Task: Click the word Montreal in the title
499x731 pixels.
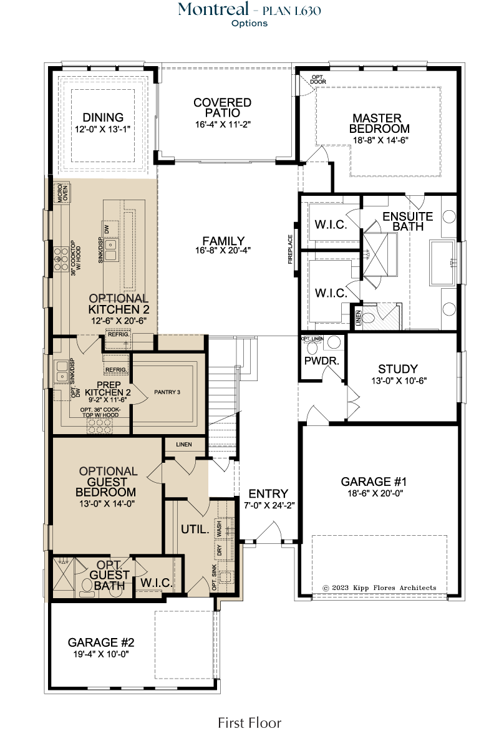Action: pyautogui.click(x=213, y=9)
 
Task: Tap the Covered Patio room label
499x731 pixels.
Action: pyautogui.click(x=223, y=108)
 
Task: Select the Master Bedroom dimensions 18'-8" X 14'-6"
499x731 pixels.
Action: pyautogui.click(x=380, y=140)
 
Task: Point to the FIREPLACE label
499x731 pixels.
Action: pyautogui.click(x=290, y=249)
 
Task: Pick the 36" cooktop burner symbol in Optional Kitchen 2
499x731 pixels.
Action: pyautogui.click(x=61, y=259)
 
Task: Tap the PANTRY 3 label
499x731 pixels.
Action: pyautogui.click(x=167, y=392)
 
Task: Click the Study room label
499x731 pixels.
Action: pyautogui.click(x=398, y=369)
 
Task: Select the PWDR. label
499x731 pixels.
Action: pyautogui.click(x=322, y=361)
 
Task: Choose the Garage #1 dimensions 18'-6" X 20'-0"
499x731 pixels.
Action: pyautogui.click(x=375, y=493)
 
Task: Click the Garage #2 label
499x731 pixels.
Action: pyautogui.click(x=100, y=642)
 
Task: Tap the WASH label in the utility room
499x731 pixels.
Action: pyautogui.click(x=219, y=528)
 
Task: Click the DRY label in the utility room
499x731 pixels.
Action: pyautogui.click(x=219, y=550)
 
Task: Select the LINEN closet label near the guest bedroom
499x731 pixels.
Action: pyautogui.click(x=184, y=444)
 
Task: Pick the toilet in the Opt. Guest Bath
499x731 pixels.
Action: pyautogui.click(x=86, y=588)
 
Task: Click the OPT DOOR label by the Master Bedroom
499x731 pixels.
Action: pyautogui.click(x=318, y=79)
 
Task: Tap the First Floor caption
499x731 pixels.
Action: pyautogui.click(x=249, y=723)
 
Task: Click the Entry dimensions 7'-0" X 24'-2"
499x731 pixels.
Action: pyautogui.click(x=269, y=505)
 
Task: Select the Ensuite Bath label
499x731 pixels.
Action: pyautogui.click(x=407, y=221)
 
